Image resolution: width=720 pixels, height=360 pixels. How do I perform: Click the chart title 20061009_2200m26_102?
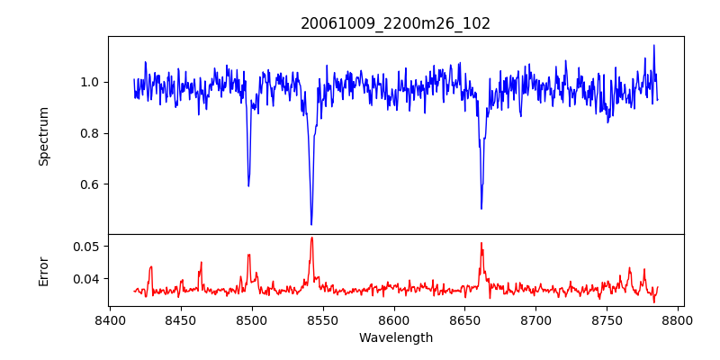click(x=396, y=23)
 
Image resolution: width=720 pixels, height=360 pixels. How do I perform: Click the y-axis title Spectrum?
click(x=43, y=136)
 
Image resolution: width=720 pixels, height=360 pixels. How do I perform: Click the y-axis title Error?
click(x=43, y=270)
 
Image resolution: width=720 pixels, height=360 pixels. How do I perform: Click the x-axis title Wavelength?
click(x=396, y=338)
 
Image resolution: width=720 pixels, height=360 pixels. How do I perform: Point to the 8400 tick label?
click(x=110, y=319)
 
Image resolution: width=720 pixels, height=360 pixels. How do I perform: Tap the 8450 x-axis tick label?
click(x=181, y=319)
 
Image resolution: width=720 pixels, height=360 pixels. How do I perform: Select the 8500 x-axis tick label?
click(x=252, y=319)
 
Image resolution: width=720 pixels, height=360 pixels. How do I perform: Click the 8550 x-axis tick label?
click(x=323, y=319)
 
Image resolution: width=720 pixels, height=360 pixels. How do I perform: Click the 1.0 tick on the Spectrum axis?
click(x=91, y=82)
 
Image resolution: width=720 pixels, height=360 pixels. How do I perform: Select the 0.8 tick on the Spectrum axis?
click(x=91, y=133)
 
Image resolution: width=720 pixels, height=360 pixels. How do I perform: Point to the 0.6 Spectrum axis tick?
click(x=91, y=184)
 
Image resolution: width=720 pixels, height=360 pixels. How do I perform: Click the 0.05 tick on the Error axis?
click(x=87, y=246)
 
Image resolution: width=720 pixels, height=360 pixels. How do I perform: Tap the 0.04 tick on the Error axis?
click(x=87, y=279)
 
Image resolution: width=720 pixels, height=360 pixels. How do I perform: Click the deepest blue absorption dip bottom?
click(x=311, y=224)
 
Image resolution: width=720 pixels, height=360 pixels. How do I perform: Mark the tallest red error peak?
click(x=311, y=238)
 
